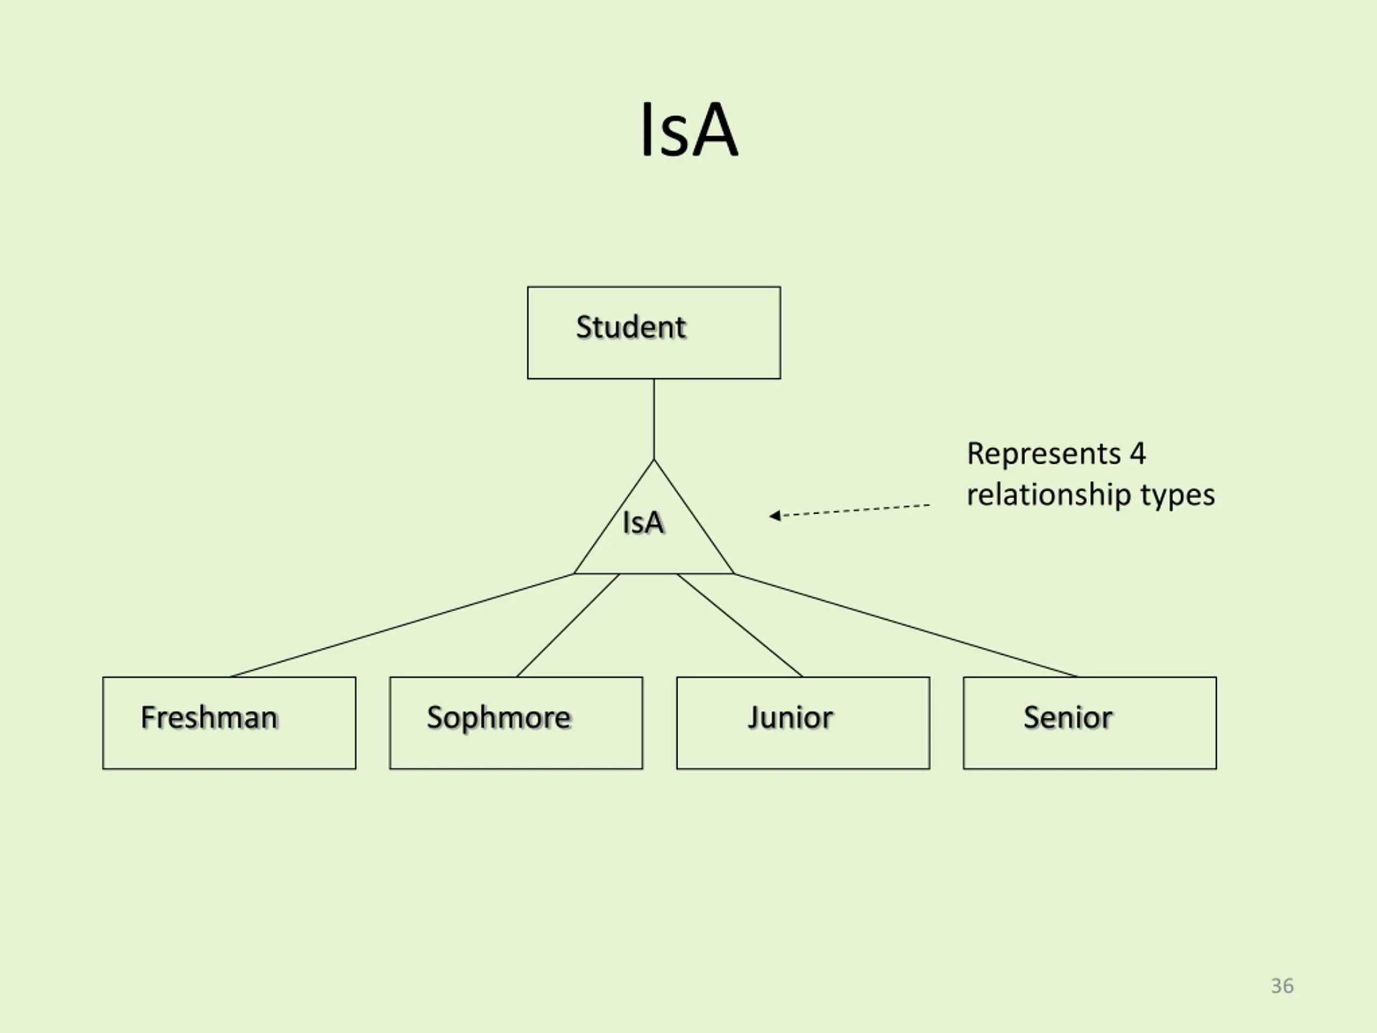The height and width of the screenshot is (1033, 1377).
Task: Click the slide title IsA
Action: [x=689, y=130]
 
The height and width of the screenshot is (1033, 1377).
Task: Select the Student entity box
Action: [x=654, y=332]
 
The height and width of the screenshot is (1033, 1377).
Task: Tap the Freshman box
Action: [x=229, y=723]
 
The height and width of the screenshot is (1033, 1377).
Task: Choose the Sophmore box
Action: [x=516, y=723]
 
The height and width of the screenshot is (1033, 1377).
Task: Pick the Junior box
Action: [x=803, y=723]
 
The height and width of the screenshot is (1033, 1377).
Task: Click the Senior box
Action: [x=1089, y=723]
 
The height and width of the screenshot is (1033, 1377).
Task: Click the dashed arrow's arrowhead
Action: [x=775, y=515]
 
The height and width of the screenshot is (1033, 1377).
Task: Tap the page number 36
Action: [x=1282, y=986]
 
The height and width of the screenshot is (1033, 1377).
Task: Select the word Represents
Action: [x=1044, y=454]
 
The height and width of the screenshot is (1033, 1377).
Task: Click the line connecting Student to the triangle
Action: [x=654, y=419]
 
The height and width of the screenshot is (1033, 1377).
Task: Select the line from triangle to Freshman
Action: [x=401, y=625]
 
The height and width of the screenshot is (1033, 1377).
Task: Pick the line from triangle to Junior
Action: [x=740, y=625]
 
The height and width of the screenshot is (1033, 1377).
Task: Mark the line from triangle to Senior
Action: [x=906, y=625]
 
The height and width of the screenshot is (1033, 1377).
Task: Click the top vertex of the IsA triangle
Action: [x=654, y=460]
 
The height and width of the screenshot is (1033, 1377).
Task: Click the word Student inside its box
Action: [x=630, y=327]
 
